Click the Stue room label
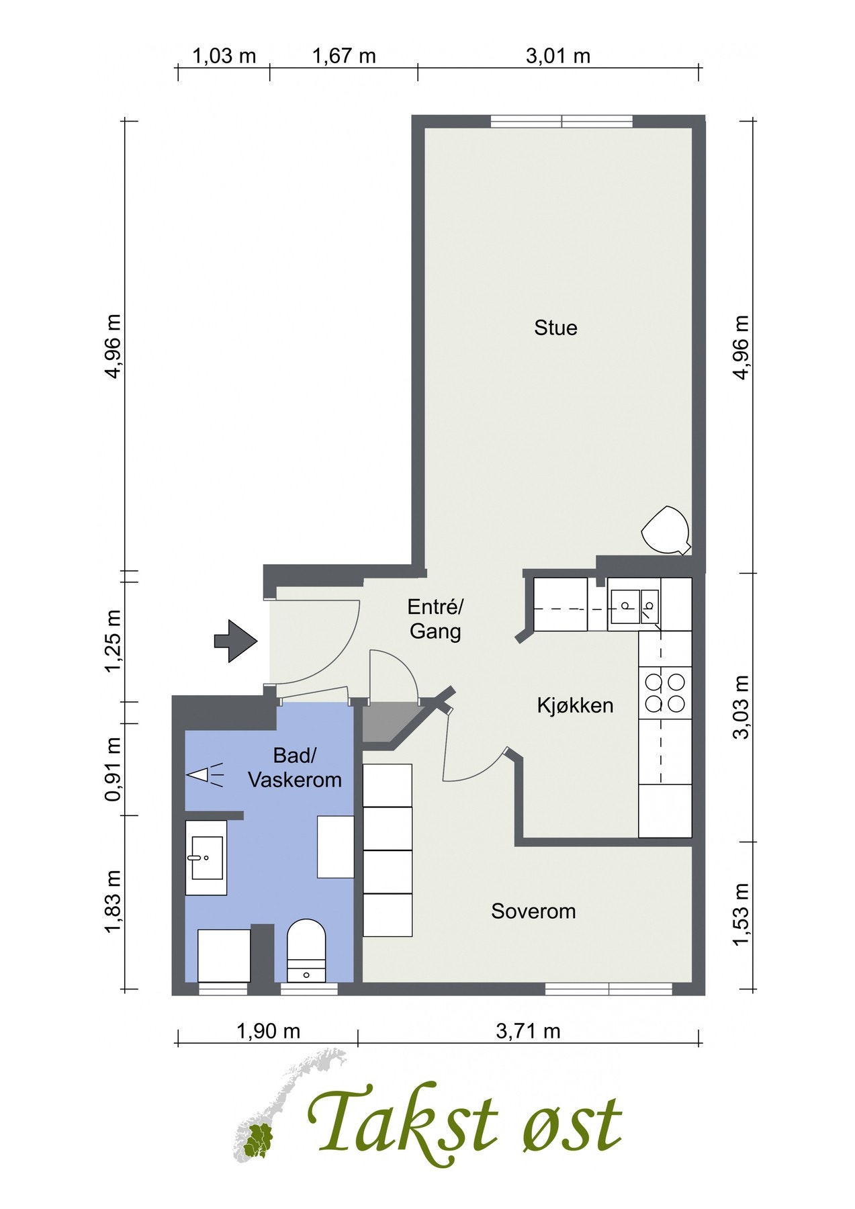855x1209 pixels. click(x=555, y=328)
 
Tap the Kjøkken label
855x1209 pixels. click(x=575, y=705)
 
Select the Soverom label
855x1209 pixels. click(x=533, y=911)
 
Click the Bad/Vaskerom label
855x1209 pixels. click(x=295, y=768)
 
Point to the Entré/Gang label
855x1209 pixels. click(x=435, y=619)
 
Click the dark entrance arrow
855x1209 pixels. click(x=236, y=641)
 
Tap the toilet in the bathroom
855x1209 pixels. click(x=306, y=950)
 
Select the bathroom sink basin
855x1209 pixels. click(x=206, y=858)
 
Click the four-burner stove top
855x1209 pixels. click(x=665, y=693)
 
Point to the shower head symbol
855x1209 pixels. click(x=205, y=775)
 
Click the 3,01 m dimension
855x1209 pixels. click(x=558, y=56)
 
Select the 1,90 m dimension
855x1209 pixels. click(x=268, y=1031)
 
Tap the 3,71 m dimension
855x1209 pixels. click(x=528, y=1031)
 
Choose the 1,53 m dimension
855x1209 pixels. click(x=741, y=914)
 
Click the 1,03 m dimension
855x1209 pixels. click(x=224, y=56)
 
